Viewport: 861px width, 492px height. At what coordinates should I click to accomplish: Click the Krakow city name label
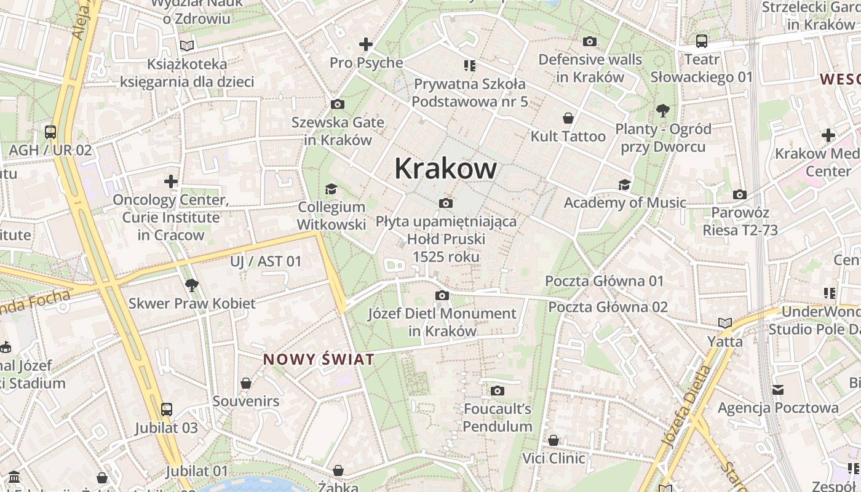point(445,169)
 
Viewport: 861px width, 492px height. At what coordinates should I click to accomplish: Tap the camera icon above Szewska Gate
point(337,104)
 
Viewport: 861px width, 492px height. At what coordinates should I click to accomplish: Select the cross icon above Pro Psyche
point(366,44)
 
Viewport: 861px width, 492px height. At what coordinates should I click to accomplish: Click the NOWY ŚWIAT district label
point(319,360)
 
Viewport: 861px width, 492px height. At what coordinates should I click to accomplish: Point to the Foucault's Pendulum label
point(498,417)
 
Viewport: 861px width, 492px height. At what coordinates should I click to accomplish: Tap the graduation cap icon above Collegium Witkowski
point(331,188)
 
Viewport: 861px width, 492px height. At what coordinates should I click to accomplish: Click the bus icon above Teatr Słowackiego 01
point(701,41)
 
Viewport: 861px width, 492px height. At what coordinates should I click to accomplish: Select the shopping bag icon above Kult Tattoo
point(568,117)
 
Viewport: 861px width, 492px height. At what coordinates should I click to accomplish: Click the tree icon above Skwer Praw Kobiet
point(191,285)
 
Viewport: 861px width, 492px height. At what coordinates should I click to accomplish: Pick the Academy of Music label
point(625,202)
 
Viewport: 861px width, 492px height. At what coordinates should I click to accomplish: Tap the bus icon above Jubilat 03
point(166,409)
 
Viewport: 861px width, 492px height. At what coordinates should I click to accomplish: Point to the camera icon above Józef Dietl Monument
point(442,296)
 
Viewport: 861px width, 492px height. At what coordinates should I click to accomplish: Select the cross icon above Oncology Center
point(171,181)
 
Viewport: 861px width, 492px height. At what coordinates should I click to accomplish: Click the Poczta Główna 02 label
point(608,306)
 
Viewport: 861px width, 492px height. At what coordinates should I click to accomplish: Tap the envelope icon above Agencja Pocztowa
point(778,389)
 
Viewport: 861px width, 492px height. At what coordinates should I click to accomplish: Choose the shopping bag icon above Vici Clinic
point(553,440)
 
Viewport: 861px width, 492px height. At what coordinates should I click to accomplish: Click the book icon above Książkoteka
point(187,46)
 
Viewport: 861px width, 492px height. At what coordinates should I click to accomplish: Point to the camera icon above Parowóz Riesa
point(740,194)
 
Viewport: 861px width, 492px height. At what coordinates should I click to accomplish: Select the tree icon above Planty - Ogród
point(663,111)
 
